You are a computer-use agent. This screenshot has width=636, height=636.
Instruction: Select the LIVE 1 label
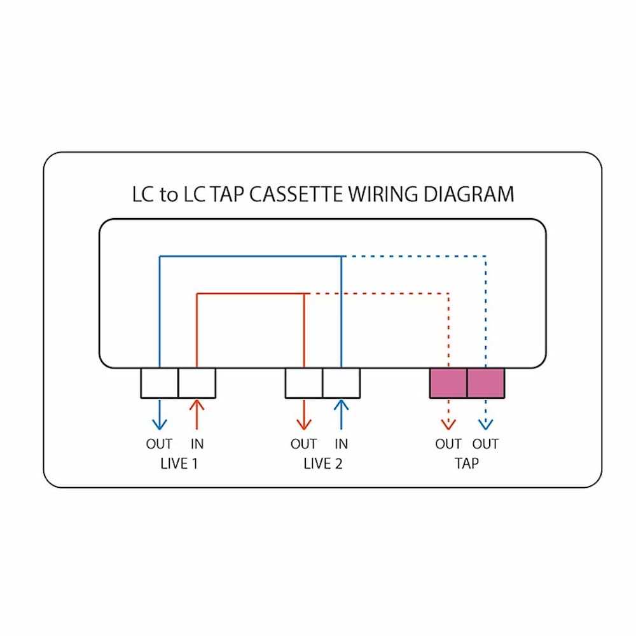pyautogui.click(x=179, y=463)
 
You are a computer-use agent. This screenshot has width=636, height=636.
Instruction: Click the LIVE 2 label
pyautogui.click(x=323, y=463)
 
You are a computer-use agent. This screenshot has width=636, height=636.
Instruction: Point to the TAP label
pyautogui.click(x=467, y=463)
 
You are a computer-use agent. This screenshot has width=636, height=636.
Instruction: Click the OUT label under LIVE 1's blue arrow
pyautogui.click(x=159, y=444)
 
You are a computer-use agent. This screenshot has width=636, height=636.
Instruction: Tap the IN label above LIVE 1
pyautogui.click(x=197, y=444)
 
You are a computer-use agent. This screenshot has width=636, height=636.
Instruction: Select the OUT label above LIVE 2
pyautogui.click(x=304, y=444)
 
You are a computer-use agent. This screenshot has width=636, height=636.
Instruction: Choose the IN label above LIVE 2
pyautogui.click(x=342, y=444)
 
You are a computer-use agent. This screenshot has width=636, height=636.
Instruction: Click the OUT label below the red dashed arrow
pyautogui.click(x=448, y=444)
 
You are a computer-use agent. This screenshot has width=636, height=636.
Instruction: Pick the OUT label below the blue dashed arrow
pyautogui.click(x=485, y=444)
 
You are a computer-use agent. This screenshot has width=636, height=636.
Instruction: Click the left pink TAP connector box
pyautogui.click(x=448, y=383)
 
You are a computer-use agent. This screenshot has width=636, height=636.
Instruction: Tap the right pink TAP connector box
pyautogui.click(x=486, y=383)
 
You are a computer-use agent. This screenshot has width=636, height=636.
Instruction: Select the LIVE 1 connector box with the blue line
pyautogui.click(x=159, y=383)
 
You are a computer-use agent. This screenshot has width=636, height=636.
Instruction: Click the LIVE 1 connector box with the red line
pyautogui.click(x=197, y=383)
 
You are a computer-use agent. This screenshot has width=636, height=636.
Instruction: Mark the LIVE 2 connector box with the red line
pyautogui.click(x=304, y=383)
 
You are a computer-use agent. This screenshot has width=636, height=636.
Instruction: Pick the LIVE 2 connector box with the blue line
pyautogui.click(x=342, y=383)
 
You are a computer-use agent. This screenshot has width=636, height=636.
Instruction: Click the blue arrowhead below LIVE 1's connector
pyautogui.click(x=159, y=424)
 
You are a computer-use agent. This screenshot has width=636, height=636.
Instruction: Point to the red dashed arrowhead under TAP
pyautogui.click(x=448, y=424)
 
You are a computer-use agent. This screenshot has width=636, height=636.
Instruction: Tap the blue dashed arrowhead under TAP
pyautogui.click(x=485, y=424)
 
